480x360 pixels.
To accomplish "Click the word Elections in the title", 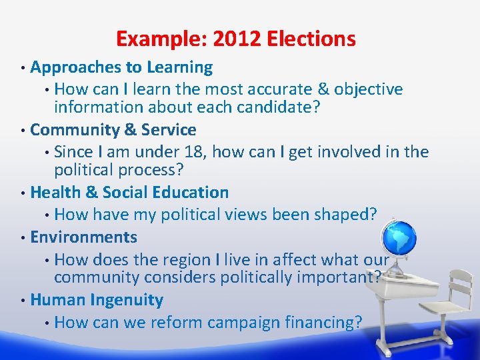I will click(311, 39).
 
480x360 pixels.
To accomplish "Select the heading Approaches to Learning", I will click(121, 67).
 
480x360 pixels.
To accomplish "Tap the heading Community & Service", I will click(113, 129).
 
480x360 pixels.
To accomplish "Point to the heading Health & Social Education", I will click(129, 193).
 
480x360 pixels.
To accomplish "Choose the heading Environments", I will click(84, 237).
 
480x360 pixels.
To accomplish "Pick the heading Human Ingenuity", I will click(97, 300).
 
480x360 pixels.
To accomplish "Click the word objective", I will click(369, 89).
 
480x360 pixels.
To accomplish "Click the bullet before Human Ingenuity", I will click(23, 301).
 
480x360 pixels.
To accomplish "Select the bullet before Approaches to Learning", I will click(23, 68).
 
